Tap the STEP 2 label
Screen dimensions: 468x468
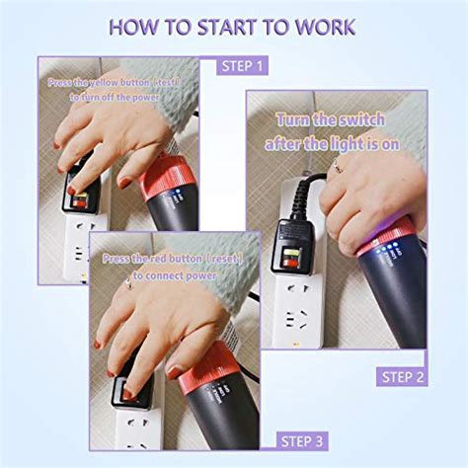click(404, 376)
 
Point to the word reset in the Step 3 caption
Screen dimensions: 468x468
click(224, 259)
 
